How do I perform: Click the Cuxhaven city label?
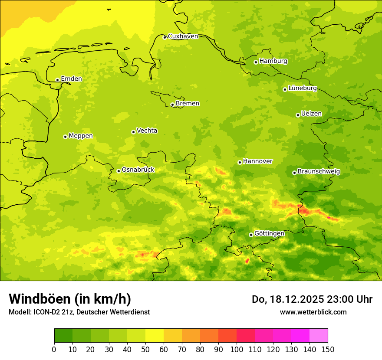point(183,36)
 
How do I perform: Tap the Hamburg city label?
point(273,61)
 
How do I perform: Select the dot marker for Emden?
point(57,80)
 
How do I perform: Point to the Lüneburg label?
point(302,88)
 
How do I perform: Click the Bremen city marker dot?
point(172,105)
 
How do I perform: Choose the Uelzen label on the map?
point(311,114)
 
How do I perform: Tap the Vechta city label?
point(147,131)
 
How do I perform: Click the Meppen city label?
point(80,136)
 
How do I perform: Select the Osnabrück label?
point(138,170)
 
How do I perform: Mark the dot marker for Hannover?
point(240,162)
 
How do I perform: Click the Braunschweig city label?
point(318,172)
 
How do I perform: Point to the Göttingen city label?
point(269,233)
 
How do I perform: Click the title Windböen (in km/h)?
point(69,299)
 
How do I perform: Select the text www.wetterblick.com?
point(313,312)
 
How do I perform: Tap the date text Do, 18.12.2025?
point(287,299)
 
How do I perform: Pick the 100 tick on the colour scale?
point(237,349)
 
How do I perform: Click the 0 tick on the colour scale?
point(54,349)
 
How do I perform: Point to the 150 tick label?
point(328,349)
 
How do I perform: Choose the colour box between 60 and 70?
point(173,336)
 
